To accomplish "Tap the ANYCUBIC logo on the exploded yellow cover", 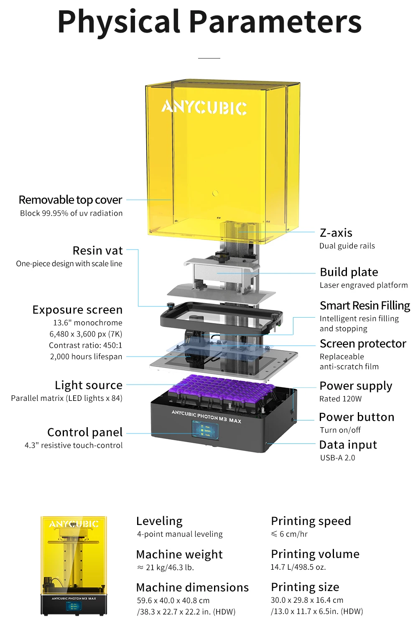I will point(204,107).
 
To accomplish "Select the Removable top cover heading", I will point(70,200).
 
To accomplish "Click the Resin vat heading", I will point(97,250).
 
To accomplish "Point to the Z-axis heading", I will point(336,233).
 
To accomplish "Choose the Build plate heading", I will point(349,272).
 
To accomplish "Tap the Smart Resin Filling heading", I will point(364,306).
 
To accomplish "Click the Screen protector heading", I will point(363,344).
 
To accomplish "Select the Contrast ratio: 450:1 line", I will point(85,345).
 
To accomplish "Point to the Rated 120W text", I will point(340,399).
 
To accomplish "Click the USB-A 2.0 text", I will point(337,458).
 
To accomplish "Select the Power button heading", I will point(356,417).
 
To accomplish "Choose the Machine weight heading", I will point(179,554).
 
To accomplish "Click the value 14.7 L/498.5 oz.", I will point(298,567).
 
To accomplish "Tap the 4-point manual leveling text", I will point(180,534).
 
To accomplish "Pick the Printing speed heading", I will point(311,521).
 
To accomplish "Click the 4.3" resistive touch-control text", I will point(74,446).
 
